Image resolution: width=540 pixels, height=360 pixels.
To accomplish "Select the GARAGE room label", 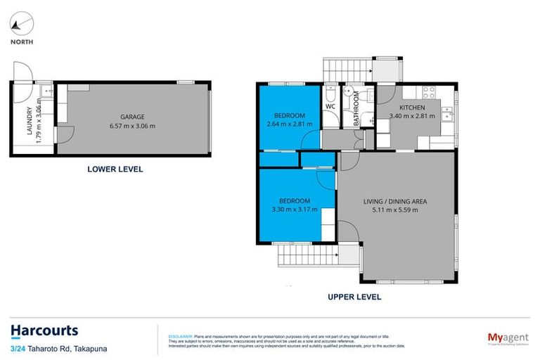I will pos(132,117).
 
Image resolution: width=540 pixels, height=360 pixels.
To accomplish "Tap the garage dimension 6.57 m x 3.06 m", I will pos(132,126).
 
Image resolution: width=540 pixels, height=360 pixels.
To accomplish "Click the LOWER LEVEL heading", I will pos(115,169).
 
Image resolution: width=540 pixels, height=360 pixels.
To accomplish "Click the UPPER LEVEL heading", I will pos(354,297).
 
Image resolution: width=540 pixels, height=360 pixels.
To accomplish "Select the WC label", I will pos(330,107).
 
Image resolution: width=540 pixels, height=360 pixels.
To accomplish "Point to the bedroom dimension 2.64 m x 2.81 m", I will pos(289,124).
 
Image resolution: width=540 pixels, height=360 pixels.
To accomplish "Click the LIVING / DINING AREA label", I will pos(394,201).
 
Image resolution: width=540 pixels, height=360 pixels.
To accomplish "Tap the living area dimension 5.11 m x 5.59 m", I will pos(394,210).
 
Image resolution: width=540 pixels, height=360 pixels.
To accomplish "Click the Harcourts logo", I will pos(44,330).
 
